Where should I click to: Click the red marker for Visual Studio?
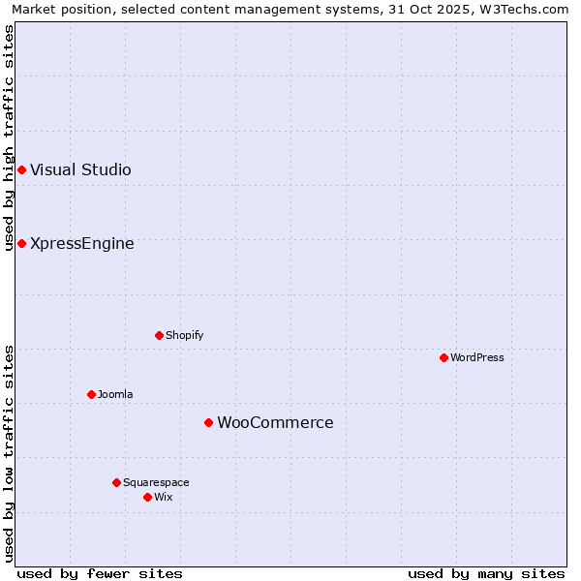coord(21,170)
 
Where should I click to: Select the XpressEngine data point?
coord(21,244)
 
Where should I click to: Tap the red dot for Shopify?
coord(159,336)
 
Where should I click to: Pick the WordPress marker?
coord(443,358)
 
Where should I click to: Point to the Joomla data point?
coord(91,395)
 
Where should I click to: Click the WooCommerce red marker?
coord(208,423)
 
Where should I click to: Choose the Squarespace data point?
coord(116,483)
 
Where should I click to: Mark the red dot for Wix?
coord(147,498)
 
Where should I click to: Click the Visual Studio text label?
coord(80,170)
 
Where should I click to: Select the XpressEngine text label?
coord(82,244)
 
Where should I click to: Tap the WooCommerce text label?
coord(275,423)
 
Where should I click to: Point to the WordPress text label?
coord(477,358)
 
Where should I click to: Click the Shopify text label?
coord(184,336)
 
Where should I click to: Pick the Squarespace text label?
coord(156,483)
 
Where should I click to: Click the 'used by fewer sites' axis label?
coord(100,573)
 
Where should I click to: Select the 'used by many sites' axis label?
coord(486,573)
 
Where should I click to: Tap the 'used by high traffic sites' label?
coord(9,138)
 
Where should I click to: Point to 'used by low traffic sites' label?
coord(9,453)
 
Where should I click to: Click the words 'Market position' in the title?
coord(56,9)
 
